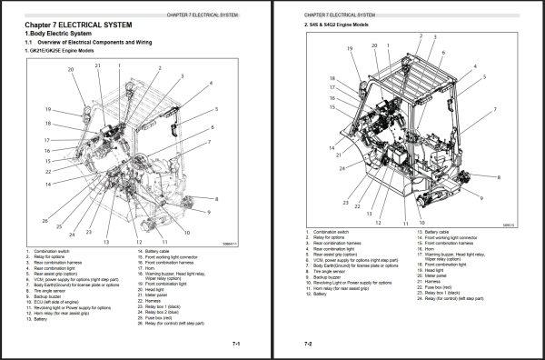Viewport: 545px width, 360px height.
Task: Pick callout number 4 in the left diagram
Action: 211,82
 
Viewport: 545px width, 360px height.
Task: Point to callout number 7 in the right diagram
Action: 494,107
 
